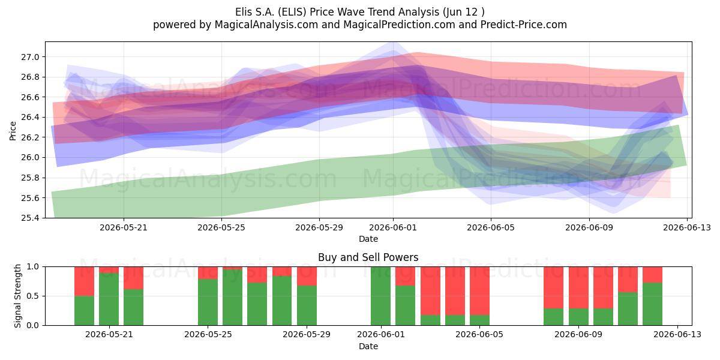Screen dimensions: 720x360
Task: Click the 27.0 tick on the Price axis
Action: [x=30, y=57]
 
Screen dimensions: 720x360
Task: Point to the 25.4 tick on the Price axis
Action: [x=30, y=218]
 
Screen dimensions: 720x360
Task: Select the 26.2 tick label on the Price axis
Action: [x=30, y=137]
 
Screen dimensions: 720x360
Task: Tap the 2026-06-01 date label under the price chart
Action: [x=393, y=227]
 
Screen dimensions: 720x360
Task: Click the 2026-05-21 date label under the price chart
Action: [x=124, y=227]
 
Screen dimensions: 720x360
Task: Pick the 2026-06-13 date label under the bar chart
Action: [x=677, y=334]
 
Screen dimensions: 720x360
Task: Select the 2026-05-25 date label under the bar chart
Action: [x=208, y=334]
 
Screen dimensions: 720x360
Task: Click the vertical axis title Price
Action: [x=13, y=131]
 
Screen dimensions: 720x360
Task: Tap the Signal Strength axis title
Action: [x=17, y=296]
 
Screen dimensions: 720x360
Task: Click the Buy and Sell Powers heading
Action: [x=368, y=257]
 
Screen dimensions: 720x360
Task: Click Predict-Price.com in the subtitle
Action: [x=524, y=25]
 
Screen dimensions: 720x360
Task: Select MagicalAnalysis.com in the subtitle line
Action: [x=266, y=25]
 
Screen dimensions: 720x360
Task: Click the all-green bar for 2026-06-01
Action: [x=380, y=296]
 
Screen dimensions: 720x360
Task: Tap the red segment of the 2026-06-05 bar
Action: [x=479, y=291]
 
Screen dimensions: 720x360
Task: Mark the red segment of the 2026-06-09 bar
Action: [x=578, y=287]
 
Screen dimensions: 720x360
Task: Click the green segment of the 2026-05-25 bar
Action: [x=208, y=302]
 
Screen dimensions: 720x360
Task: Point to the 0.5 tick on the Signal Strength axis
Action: [x=32, y=296]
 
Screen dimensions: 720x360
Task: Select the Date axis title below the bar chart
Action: [x=368, y=346]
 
